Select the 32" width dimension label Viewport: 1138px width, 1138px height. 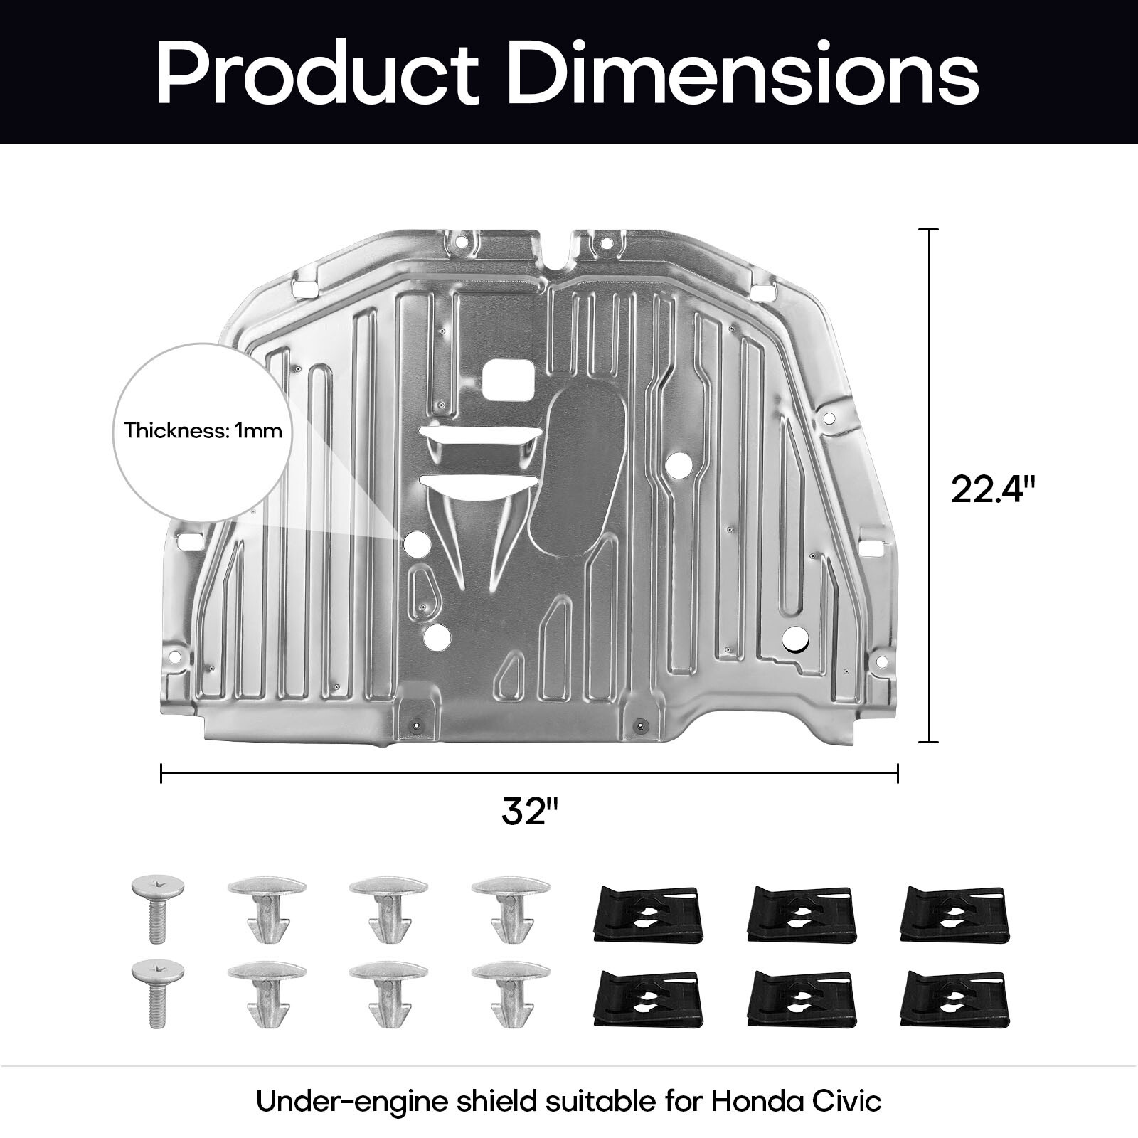tap(530, 812)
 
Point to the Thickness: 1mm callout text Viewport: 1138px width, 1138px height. tap(203, 430)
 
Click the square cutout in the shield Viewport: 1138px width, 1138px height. tap(508, 379)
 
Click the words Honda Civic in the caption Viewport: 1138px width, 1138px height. tap(796, 1102)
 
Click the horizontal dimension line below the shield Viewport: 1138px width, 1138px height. tap(530, 772)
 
